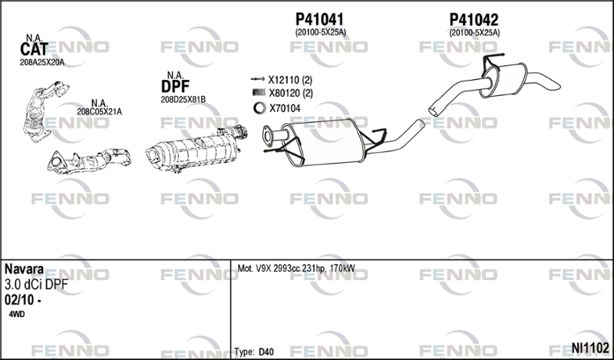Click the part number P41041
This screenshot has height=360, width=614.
[x=319, y=19]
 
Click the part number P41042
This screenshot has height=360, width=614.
[x=474, y=20]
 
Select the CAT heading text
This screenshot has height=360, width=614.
[x=34, y=49]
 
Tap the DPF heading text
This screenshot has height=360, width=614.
[x=175, y=86]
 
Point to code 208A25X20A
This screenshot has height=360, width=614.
[x=42, y=62]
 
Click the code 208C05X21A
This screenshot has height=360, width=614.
[x=99, y=111]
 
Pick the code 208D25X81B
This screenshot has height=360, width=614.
[x=183, y=100]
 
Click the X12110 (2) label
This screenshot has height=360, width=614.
[x=290, y=80]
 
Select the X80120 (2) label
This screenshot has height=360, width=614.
[x=291, y=93]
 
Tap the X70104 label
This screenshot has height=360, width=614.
[x=285, y=108]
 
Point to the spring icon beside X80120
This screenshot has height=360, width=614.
[x=259, y=93]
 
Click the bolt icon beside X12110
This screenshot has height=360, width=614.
[x=258, y=79]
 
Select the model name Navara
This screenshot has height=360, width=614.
[x=24, y=269]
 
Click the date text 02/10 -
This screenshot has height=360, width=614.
[x=23, y=300]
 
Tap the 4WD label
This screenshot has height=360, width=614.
[x=16, y=314]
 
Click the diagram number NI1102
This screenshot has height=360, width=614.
[x=590, y=348]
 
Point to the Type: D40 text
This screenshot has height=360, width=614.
[x=254, y=352]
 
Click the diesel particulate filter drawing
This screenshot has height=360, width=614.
[x=196, y=149]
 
